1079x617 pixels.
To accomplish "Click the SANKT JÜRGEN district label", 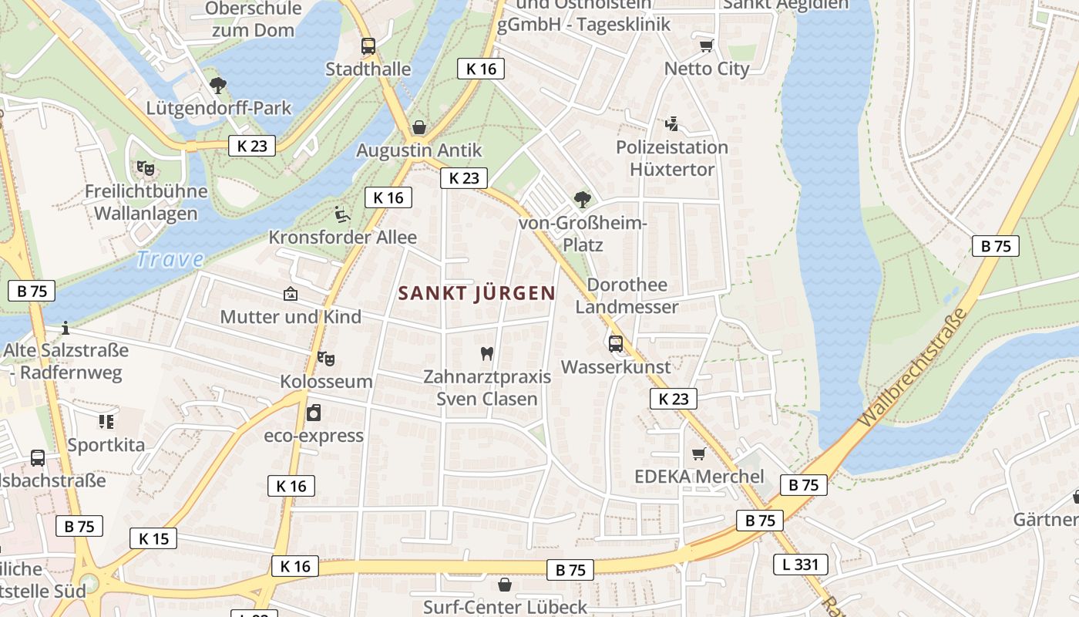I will (476, 293).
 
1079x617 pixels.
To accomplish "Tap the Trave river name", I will (170, 259).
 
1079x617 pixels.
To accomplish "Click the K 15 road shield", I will (153, 538).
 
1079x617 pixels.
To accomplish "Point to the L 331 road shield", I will (801, 564).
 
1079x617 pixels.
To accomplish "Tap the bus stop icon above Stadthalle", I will (368, 46).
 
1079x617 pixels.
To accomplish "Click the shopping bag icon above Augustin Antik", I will (419, 126).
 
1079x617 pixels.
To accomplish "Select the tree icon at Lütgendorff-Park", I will (218, 85).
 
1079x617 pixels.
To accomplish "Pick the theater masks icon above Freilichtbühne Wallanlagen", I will (145, 167).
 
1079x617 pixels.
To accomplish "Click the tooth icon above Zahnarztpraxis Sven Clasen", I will (486, 353).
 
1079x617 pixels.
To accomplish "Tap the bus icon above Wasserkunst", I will (616, 344).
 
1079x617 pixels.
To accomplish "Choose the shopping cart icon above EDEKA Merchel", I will (699, 453).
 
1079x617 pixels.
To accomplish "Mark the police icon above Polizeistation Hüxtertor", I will (671, 123).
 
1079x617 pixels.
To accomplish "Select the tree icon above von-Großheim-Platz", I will (583, 200).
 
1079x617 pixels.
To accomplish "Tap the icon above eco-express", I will (314, 413).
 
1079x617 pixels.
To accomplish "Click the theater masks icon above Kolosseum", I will (326, 358).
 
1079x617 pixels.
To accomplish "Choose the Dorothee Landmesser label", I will (627, 295).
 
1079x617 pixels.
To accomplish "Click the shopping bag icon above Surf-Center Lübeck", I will (505, 584).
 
